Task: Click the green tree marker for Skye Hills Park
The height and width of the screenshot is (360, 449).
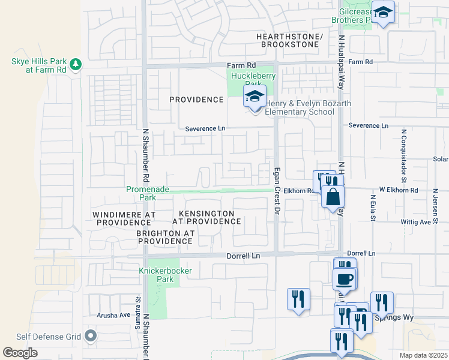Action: coord(76,64)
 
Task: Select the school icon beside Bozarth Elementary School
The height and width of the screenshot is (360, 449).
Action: coord(255,97)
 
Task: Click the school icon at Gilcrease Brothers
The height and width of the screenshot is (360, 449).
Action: coord(383,12)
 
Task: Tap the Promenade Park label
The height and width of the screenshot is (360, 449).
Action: coord(148,193)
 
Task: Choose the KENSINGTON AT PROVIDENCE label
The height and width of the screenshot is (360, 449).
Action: coord(206,217)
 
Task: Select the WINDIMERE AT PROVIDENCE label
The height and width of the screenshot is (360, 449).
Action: coord(124,218)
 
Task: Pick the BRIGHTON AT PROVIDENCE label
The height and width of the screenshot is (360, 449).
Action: coord(165,237)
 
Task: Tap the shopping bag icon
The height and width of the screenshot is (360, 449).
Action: coord(333,196)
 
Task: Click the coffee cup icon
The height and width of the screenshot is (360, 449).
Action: coord(345,279)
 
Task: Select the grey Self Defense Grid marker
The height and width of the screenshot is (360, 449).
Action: coord(91,335)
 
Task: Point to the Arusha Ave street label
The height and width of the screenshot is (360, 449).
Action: coord(113,315)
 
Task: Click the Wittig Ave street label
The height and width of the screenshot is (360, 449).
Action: coord(417,221)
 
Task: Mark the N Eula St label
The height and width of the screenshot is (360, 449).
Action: coord(373,208)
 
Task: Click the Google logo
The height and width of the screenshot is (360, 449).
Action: coord(20,353)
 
